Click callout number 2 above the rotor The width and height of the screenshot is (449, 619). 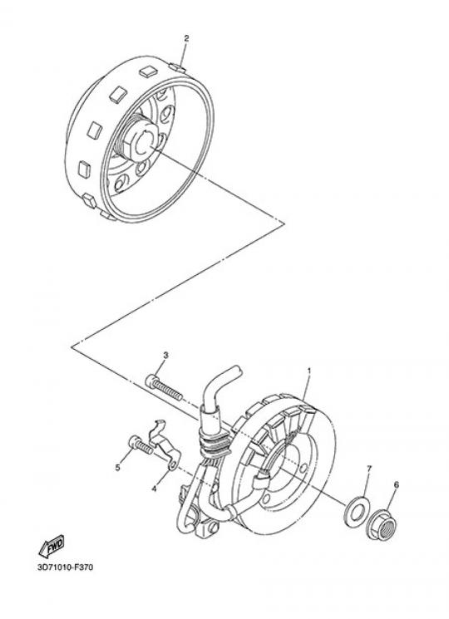pyautogui.click(x=186, y=38)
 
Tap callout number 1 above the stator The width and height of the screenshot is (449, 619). pyautogui.click(x=309, y=371)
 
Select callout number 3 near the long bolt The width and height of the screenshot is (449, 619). pyautogui.click(x=165, y=356)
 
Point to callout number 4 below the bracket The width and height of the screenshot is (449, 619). pyautogui.click(x=154, y=489)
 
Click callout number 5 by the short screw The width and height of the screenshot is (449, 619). pyautogui.click(x=118, y=468)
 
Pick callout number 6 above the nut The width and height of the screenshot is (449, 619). pyautogui.click(x=397, y=484)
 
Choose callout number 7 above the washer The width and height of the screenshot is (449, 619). pyautogui.click(x=369, y=469)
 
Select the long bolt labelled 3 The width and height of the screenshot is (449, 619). pyautogui.click(x=164, y=388)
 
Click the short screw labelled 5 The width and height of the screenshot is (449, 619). pyautogui.click(x=141, y=446)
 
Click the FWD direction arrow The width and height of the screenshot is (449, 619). pyautogui.click(x=52, y=548)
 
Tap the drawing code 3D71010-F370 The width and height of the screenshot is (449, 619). pyautogui.click(x=66, y=567)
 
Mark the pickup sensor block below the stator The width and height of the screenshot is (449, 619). pyautogui.click(x=206, y=528)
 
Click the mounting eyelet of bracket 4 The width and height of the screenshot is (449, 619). pyautogui.click(x=173, y=466)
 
